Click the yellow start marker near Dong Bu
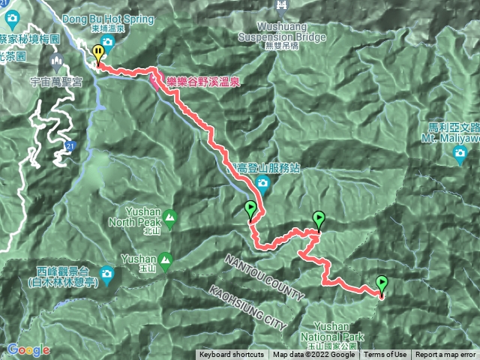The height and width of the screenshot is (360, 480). (x=98, y=52)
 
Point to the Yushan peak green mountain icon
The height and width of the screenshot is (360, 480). (x=164, y=259)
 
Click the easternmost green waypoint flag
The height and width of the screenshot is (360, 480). (x=382, y=283)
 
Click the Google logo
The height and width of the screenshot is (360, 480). (x=28, y=349)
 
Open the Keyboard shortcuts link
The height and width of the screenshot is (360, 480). (x=232, y=355)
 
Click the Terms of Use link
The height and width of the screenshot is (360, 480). (x=385, y=355)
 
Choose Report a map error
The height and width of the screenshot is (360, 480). (x=445, y=355)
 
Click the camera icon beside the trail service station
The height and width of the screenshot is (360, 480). (x=262, y=184)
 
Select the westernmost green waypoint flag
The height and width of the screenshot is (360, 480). (x=250, y=209)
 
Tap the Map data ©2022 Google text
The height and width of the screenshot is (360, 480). (x=313, y=355)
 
